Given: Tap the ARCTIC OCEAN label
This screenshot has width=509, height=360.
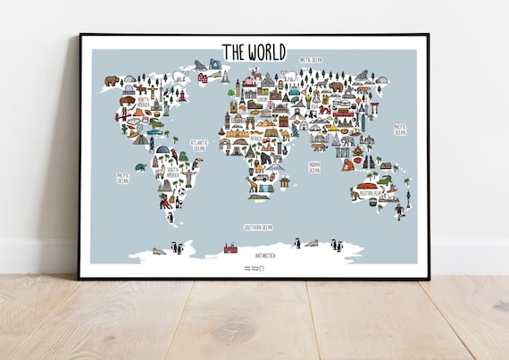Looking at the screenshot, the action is click(x=311, y=60).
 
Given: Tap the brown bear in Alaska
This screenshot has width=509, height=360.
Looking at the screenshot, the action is click(x=111, y=81).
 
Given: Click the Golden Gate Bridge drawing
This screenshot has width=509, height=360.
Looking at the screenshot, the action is click(x=123, y=114).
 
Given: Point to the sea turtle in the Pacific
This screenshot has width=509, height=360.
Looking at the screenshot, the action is click(x=140, y=167).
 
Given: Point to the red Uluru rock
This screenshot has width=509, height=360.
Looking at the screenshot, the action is click(x=368, y=186).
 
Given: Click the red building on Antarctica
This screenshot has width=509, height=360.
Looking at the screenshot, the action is click(x=230, y=247).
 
